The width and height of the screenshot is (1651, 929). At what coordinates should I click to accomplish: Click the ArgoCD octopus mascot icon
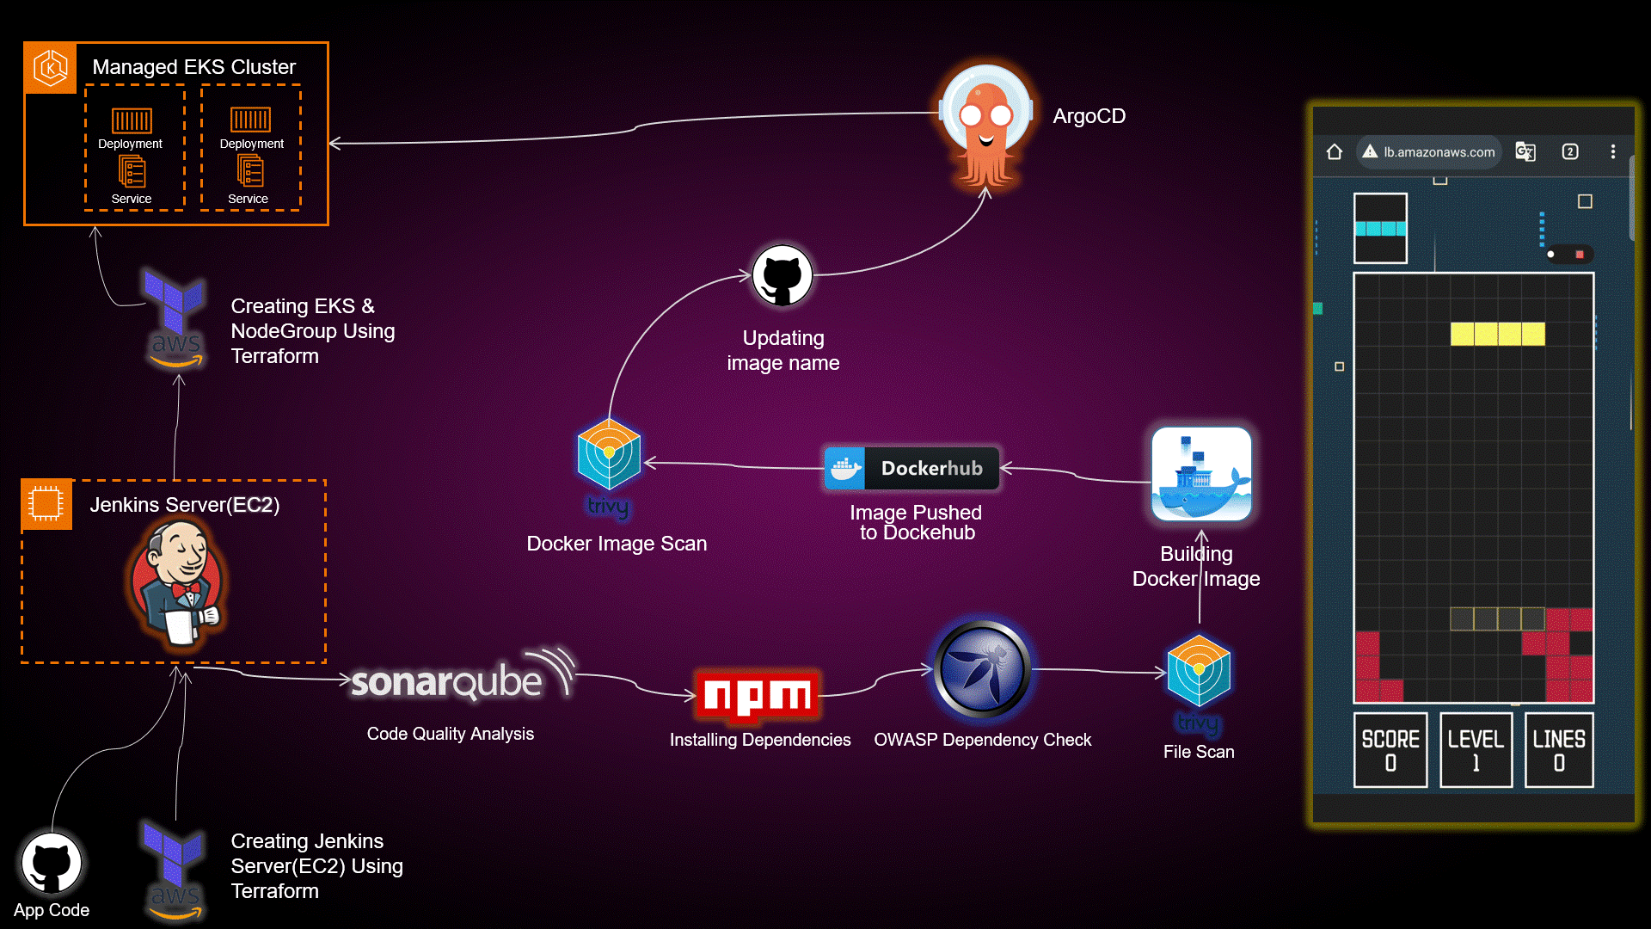[x=986, y=126]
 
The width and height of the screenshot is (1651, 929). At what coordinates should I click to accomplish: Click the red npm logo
[x=758, y=695]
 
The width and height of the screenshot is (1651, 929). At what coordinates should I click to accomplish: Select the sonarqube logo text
[x=447, y=682]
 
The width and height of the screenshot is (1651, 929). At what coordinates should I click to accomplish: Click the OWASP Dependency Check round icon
[x=982, y=670]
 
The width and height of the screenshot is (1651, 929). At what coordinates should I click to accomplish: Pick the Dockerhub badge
[x=912, y=468]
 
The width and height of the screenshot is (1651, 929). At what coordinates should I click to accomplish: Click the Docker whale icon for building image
[x=1201, y=475]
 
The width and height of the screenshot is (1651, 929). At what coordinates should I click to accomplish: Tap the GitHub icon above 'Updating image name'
[x=782, y=276]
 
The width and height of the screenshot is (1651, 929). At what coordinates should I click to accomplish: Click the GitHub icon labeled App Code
[x=52, y=863]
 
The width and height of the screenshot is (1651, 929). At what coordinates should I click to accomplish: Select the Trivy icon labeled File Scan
[x=1199, y=672]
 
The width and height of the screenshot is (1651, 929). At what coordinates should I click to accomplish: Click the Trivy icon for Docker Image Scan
[x=609, y=455]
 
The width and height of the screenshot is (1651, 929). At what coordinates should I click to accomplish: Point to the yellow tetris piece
[x=1497, y=334]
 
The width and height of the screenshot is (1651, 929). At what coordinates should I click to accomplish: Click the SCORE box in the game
[x=1390, y=749]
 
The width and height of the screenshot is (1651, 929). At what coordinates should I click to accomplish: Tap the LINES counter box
[x=1558, y=749]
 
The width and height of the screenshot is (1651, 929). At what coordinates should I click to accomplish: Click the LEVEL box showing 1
[x=1476, y=749]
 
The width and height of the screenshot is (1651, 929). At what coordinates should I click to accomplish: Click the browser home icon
[x=1335, y=152]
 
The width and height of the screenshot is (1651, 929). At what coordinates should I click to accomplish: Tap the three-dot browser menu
[x=1612, y=152]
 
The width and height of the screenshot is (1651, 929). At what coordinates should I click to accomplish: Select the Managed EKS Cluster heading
[x=193, y=67]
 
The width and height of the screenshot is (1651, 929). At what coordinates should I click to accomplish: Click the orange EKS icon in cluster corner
[x=51, y=68]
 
